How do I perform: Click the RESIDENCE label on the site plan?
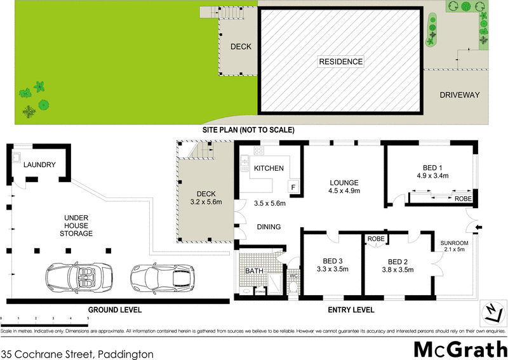[340, 62]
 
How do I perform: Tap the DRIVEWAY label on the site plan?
[459, 95]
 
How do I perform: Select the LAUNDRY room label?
[39, 165]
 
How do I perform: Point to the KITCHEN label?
[269, 168]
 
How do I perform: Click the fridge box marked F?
[293, 187]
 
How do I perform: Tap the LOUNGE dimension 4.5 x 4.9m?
[344, 190]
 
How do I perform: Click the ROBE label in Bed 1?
[463, 198]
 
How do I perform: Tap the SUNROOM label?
[454, 243]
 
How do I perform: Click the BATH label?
[254, 271]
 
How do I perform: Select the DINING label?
[269, 227]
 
